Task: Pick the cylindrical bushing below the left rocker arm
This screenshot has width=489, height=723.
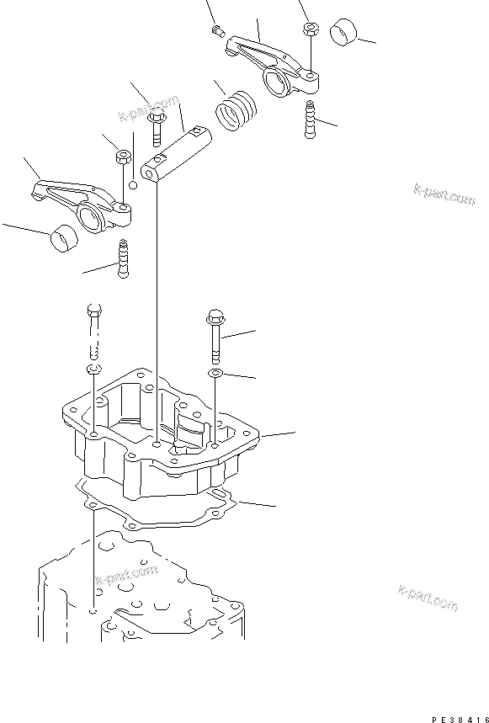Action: (x=61, y=239)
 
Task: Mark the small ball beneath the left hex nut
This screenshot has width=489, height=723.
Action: (x=133, y=184)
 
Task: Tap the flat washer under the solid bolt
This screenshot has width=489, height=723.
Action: (x=215, y=372)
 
